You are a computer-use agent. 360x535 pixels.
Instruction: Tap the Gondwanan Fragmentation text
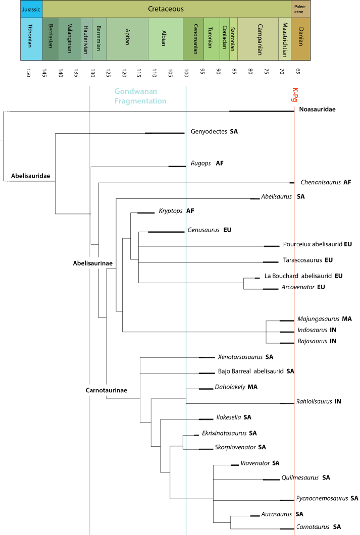(x=140, y=96)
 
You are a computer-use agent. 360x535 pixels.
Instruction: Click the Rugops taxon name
(x=200, y=163)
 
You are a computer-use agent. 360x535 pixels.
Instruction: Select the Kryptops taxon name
(x=169, y=210)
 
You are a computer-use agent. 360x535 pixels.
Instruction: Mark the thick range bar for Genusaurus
(x=167, y=232)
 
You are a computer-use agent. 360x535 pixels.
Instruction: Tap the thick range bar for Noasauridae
(x=262, y=111)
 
